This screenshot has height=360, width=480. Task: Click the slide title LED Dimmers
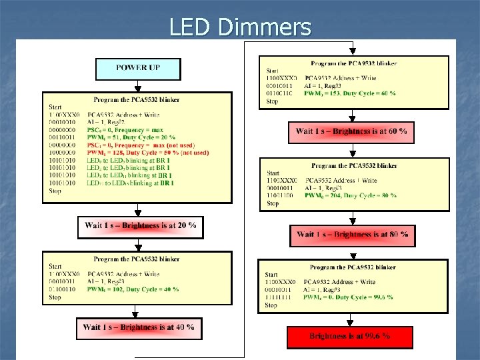point(240,27)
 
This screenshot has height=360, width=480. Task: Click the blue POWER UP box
point(138,69)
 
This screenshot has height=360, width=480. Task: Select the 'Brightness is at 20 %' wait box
point(140,226)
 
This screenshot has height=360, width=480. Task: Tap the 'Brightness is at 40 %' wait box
point(139,327)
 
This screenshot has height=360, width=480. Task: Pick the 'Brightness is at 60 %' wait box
point(351,131)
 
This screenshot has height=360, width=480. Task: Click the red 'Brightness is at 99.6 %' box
point(350,336)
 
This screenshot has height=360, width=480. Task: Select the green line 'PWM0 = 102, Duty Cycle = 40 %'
point(133,289)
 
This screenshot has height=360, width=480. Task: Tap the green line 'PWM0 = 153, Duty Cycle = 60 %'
point(350,93)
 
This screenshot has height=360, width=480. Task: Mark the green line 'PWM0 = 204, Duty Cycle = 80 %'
point(351,195)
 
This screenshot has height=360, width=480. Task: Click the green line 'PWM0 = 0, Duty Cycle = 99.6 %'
point(351,298)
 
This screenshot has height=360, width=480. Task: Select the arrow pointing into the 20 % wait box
point(136,211)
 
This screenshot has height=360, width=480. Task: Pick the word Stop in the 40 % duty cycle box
point(55,297)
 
